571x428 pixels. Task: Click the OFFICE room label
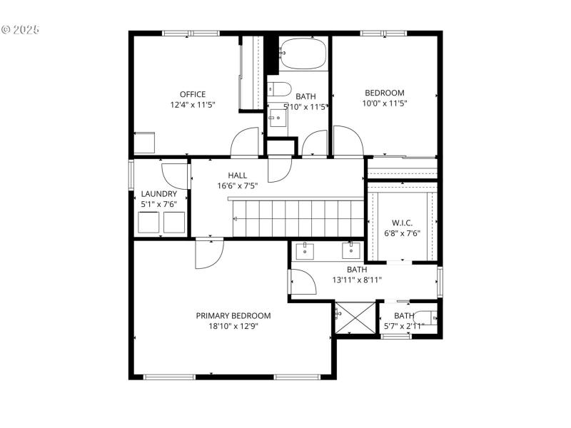(x=193, y=94)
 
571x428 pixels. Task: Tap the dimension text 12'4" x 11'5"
(x=193, y=105)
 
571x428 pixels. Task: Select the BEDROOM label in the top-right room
(x=385, y=93)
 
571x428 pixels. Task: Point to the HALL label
(x=238, y=175)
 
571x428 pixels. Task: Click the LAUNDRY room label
(x=158, y=194)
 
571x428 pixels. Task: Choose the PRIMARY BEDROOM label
(x=233, y=316)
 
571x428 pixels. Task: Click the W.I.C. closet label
(x=403, y=223)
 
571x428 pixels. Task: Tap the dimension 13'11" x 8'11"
(x=357, y=280)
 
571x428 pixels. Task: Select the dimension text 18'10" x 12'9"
(x=233, y=327)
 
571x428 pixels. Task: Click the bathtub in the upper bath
(x=303, y=53)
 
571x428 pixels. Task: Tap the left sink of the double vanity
(x=305, y=250)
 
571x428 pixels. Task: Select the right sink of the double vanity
(x=351, y=250)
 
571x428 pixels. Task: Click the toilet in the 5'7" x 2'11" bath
(x=426, y=318)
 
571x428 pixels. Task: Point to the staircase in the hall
(x=298, y=218)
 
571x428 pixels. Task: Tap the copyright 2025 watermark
(x=21, y=30)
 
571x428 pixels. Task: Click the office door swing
(x=246, y=142)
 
